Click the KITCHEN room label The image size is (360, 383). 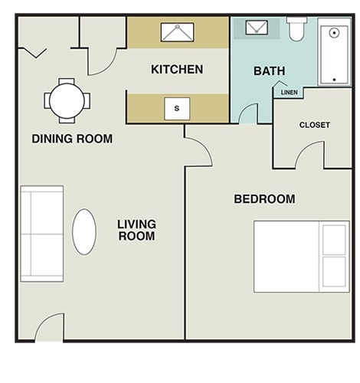click(x=177, y=70)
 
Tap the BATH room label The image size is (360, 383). click(x=269, y=71)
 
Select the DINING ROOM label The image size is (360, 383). click(x=72, y=139)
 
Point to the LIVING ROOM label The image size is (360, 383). click(x=136, y=230)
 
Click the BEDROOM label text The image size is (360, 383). click(x=264, y=199)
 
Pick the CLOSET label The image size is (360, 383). click(x=314, y=125)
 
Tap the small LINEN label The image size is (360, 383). click(x=290, y=93)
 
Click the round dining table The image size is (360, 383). click(x=67, y=100)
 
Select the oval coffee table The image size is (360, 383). click(x=84, y=231)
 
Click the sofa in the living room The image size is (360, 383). click(x=41, y=232)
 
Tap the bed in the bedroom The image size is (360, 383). click(x=301, y=257)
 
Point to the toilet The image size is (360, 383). click(x=296, y=29)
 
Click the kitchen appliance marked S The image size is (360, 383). click(x=177, y=109)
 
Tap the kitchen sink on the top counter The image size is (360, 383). click(x=177, y=32)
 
